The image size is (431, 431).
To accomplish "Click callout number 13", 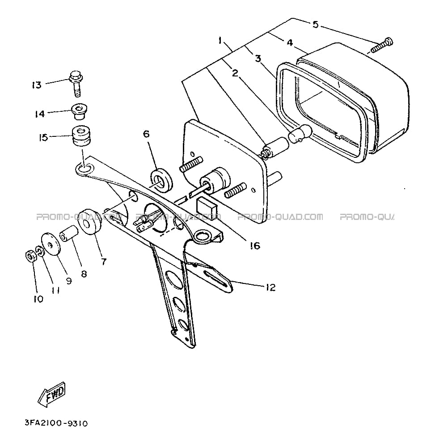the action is pos(37,85).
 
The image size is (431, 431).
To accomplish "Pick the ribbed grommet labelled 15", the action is pos(82,137).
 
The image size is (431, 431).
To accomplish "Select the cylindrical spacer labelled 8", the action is pos(69,234).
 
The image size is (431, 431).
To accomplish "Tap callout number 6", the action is pos(146,134).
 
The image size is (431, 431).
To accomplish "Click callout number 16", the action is pos(255,245).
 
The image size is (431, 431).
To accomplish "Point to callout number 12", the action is pos(270,287).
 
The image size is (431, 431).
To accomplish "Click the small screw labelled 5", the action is pos(382,46).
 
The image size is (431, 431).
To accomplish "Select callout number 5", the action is pos(315,25).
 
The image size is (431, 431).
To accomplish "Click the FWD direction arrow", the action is pos(52,395).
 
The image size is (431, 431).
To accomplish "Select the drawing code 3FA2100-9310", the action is pos(56,423).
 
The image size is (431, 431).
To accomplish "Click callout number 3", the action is pos(258,58).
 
